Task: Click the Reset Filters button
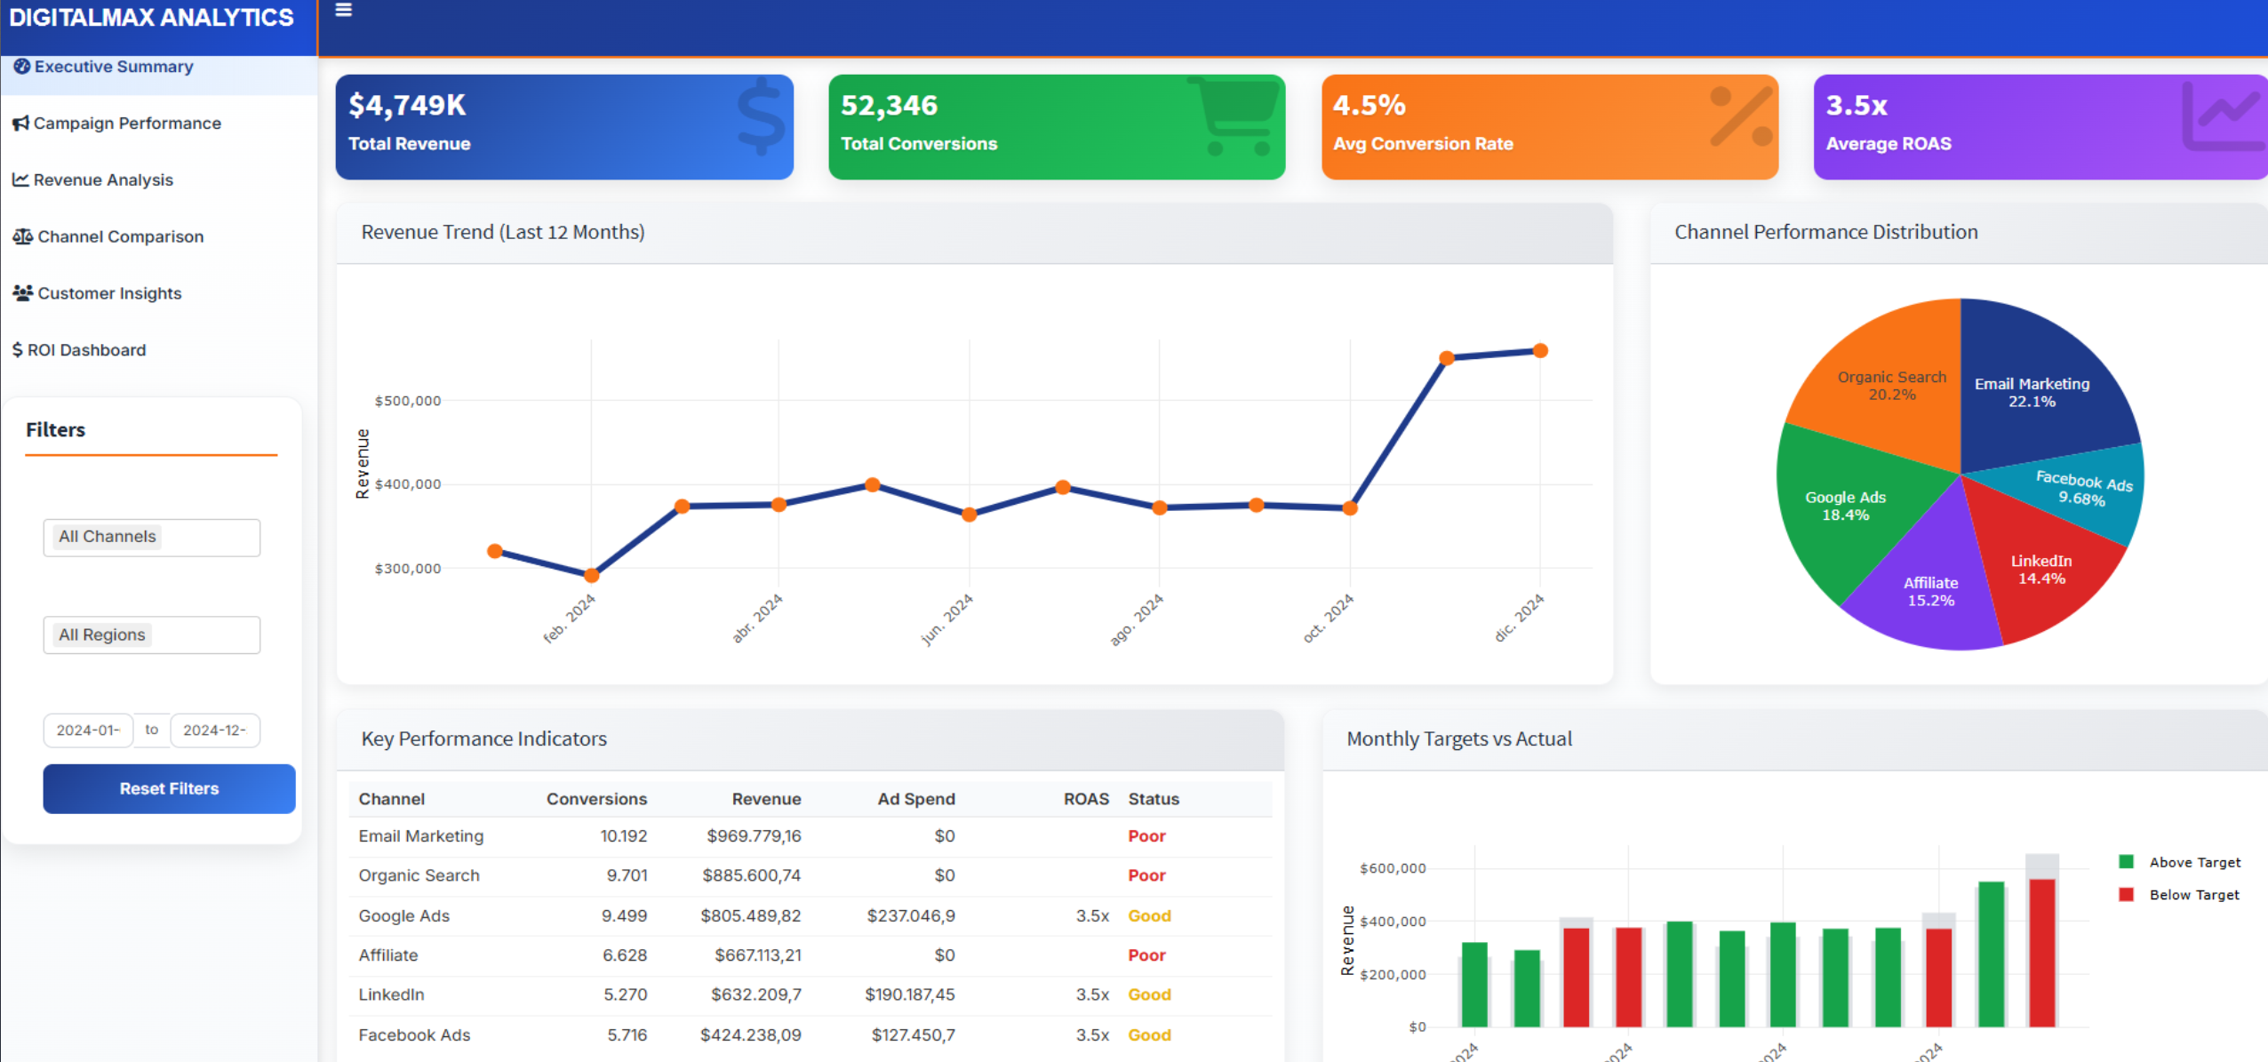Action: point(169,788)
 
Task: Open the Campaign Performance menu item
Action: point(126,124)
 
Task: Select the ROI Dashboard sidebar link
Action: point(86,350)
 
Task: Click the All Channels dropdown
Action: point(152,538)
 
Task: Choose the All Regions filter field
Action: point(152,635)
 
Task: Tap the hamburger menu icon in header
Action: point(344,11)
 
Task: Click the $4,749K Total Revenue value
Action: point(407,106)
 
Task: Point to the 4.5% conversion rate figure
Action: point(1369,106)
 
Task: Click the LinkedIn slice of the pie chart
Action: point(2044,573)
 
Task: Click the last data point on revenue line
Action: point(1540,351)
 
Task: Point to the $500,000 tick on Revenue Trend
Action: point(407,401)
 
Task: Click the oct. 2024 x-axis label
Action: point(1329,618)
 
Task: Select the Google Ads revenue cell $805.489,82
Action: point(750,915)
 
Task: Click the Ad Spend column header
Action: point(915,799)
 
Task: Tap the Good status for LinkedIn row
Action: point(1149,994)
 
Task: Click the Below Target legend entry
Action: point(2192,895)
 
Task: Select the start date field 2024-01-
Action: point(88,731)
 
